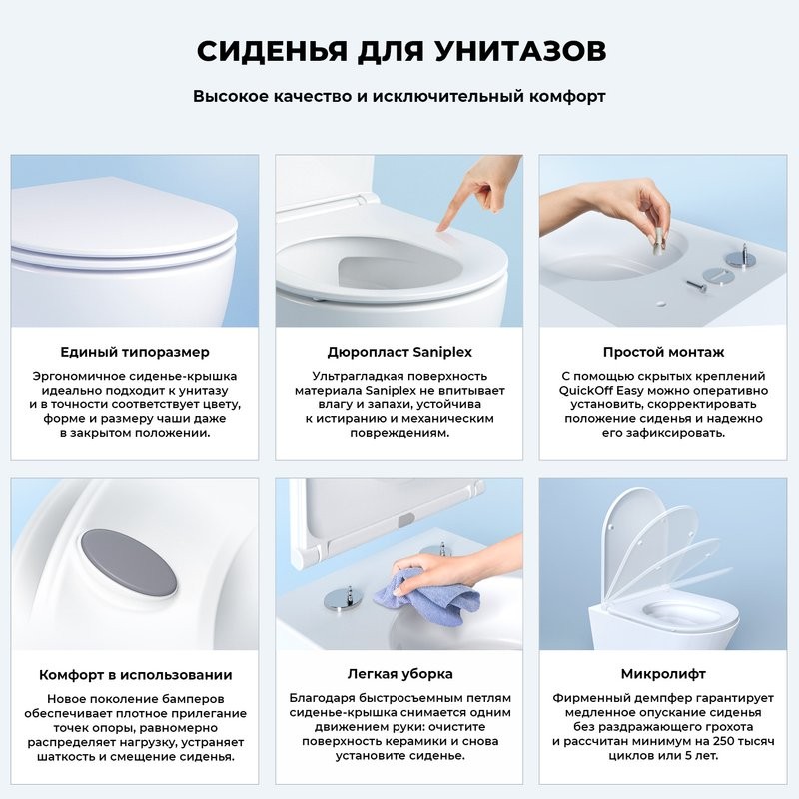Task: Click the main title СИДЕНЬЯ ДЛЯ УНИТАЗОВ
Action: coord(399,51)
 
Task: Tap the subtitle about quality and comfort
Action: coord(399,97)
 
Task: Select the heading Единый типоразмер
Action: coord(134,352)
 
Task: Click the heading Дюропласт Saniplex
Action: coord(399,352)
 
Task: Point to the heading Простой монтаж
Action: coord(663,352)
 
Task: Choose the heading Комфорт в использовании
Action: coord(135,675)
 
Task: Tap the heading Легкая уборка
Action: coord(399,675)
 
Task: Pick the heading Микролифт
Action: coord(663,675)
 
